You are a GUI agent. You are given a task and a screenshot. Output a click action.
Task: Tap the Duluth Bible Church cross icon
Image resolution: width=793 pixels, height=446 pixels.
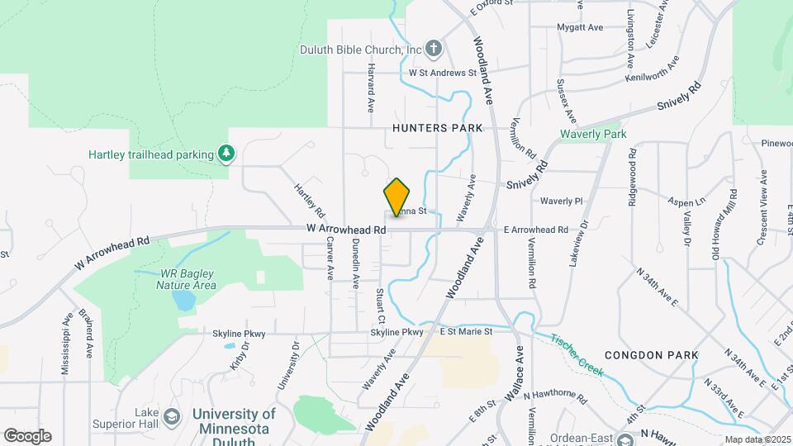(434, 49)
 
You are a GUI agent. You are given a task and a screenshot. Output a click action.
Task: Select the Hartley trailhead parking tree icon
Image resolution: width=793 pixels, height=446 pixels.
(225, 154)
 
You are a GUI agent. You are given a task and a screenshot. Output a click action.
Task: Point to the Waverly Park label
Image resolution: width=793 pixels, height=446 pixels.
(593, 134)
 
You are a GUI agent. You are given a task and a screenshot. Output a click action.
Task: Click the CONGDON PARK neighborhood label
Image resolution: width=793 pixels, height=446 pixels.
(652, 355)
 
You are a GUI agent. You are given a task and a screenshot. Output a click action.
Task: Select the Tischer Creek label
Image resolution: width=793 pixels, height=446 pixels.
(579, 354)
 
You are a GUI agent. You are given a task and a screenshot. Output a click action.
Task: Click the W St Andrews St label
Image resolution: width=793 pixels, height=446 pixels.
(443, 73)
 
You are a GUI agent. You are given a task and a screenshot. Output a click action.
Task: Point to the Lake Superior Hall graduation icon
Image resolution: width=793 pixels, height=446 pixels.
(171, 415)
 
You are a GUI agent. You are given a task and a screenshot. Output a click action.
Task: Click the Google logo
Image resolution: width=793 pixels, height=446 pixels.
(27, 436)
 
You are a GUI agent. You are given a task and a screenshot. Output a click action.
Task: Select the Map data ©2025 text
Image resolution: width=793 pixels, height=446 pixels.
(755, 439)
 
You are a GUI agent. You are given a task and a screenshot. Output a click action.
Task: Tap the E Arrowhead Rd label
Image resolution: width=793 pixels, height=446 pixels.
(536, 230)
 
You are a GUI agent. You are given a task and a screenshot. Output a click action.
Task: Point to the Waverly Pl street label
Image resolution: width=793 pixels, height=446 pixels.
(562, 201)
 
